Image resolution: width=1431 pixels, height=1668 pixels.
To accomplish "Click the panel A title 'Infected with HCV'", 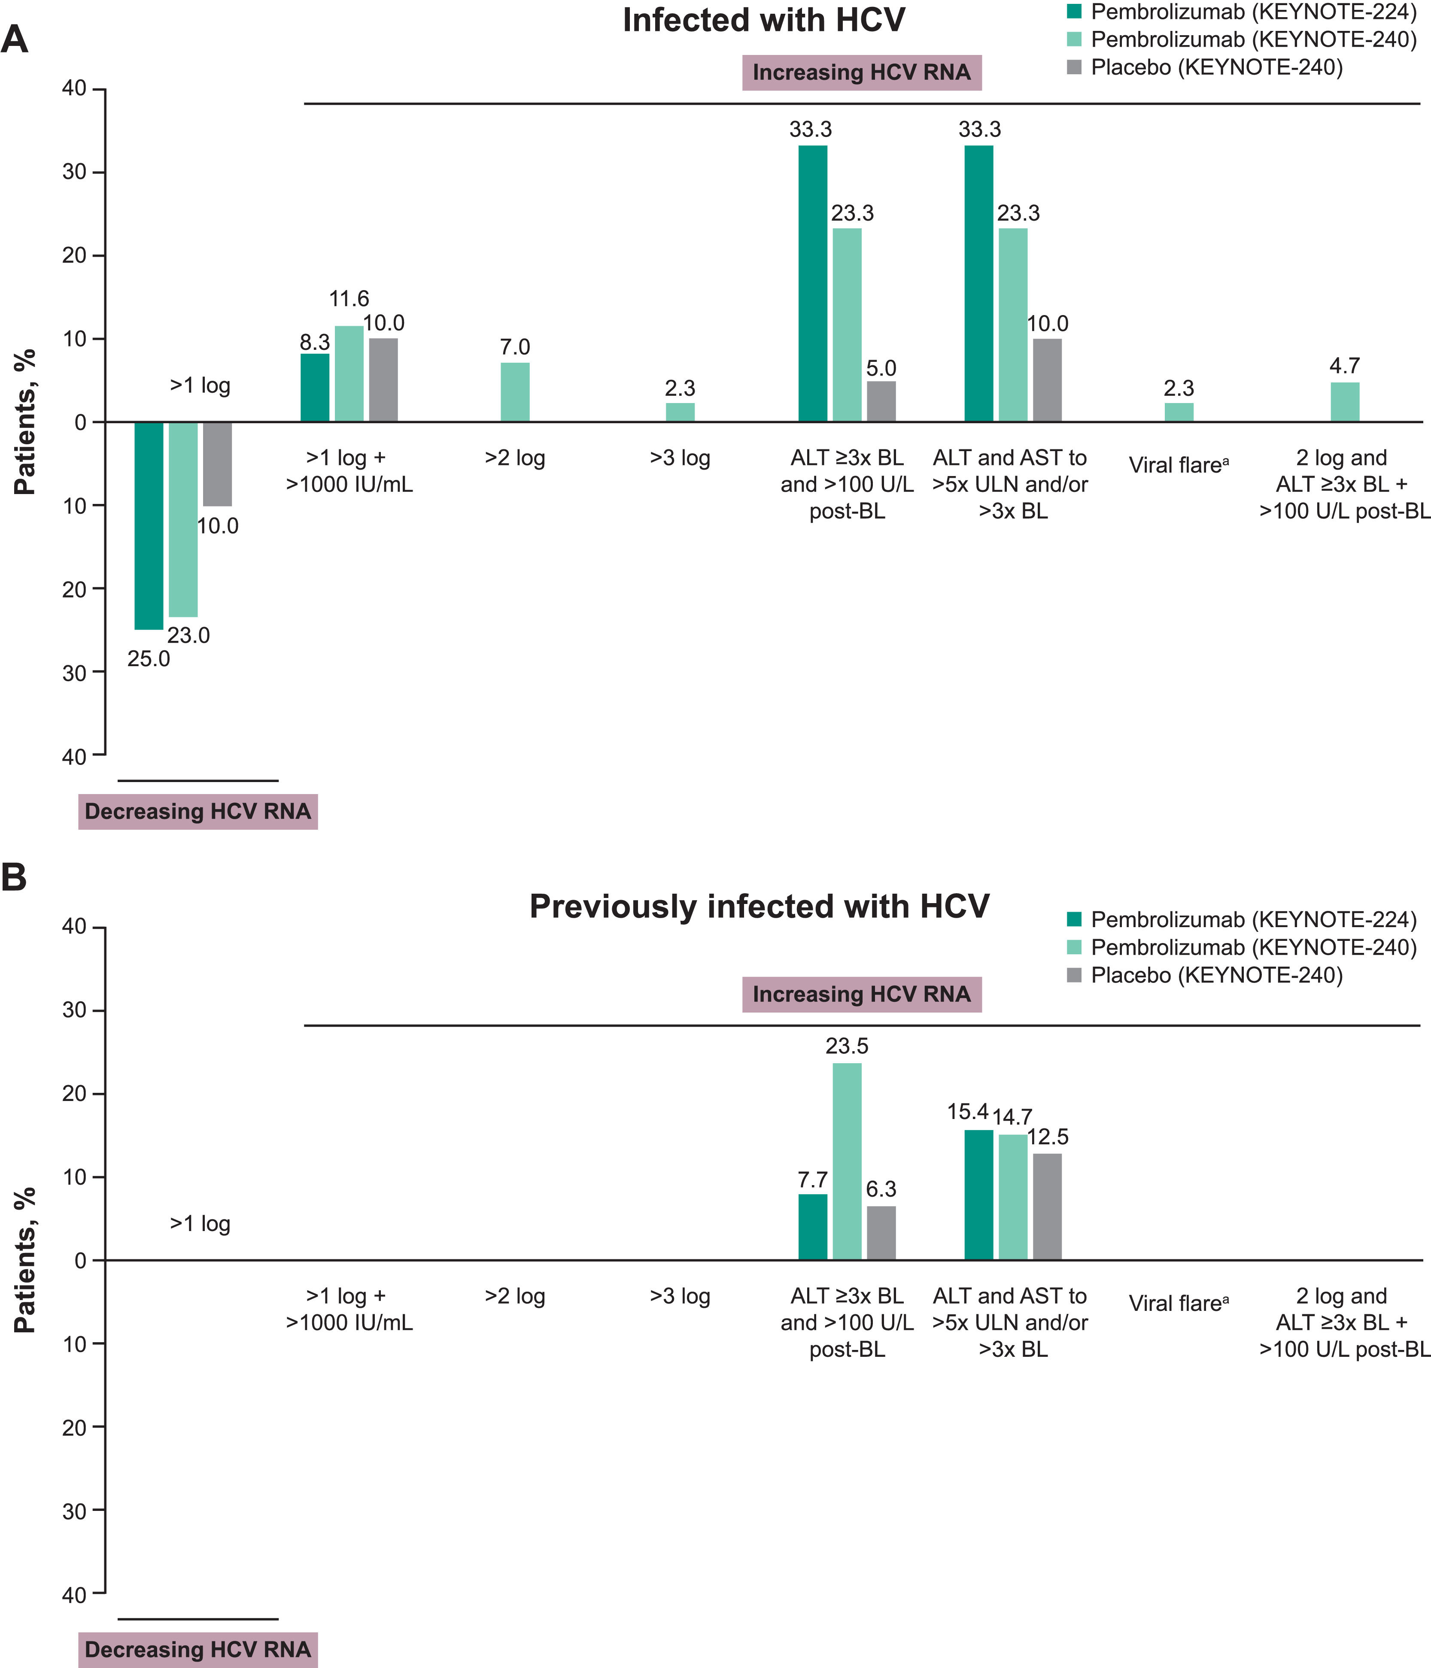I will pos(763,20).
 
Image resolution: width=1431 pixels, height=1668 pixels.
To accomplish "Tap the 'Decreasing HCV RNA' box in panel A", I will pos(197,811).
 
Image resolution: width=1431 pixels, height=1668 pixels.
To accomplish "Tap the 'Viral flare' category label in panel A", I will pos(1178,465).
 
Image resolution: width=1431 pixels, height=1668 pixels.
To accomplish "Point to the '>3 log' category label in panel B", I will pos(680,1296).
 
